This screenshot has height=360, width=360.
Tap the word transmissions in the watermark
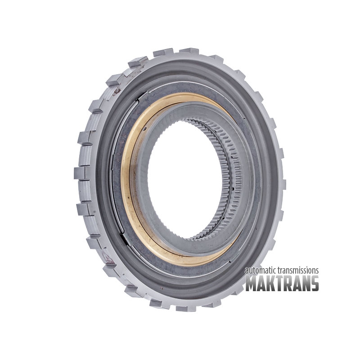[298, 271]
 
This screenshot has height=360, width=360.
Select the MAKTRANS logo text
[282, 283]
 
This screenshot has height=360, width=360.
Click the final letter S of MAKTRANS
[314, 283]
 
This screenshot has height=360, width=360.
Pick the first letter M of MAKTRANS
[252, 283]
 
